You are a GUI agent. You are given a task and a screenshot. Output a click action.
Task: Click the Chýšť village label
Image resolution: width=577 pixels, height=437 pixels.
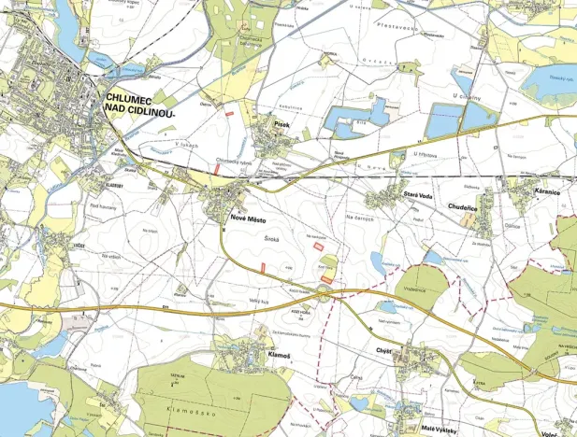click(x=388, y=353)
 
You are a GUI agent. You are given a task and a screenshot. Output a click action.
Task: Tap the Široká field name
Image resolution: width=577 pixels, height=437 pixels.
click(x=272, y=239)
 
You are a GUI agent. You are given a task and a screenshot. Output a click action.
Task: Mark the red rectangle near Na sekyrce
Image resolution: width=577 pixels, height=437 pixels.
click(x=321, y=247)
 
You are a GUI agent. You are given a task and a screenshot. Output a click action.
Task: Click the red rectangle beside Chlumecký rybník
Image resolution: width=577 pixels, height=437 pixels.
click(x=217, y=171)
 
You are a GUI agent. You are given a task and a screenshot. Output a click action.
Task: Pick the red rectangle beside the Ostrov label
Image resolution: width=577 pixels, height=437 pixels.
click(x=229, y=113)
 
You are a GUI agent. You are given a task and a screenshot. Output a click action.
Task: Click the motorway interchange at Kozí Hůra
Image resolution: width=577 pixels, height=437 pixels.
click(x=324, y=295)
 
